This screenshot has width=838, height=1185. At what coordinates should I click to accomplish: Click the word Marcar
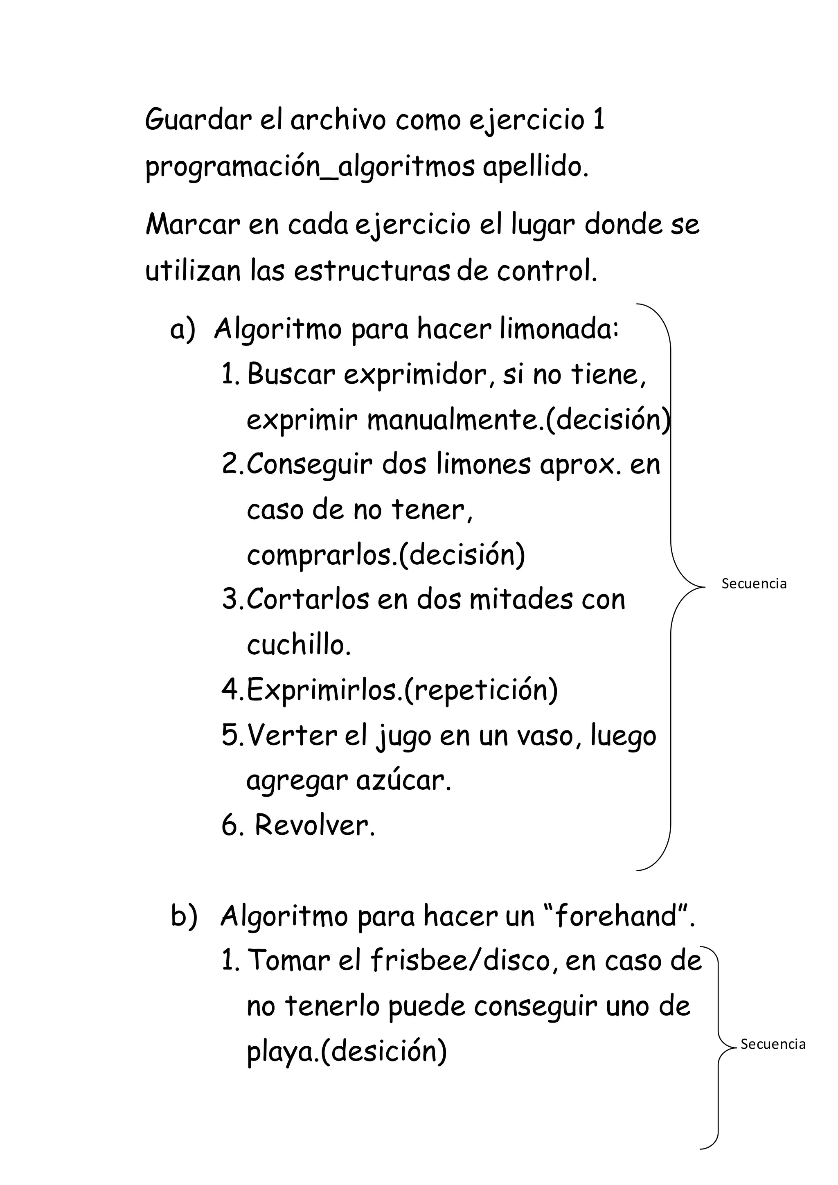tap(193, 225)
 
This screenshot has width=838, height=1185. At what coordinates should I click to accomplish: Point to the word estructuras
tap(372, 271)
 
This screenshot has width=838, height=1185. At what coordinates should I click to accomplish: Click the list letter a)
tap(183, 329)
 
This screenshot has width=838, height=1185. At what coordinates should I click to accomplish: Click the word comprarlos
tap(320, 555)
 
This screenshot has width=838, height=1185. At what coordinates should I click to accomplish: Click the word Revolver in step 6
tap(314, 826)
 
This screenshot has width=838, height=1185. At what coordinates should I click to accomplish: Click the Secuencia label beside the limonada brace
tap(754, 584)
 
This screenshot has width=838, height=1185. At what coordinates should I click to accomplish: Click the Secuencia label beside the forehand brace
tap(773, 1044)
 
